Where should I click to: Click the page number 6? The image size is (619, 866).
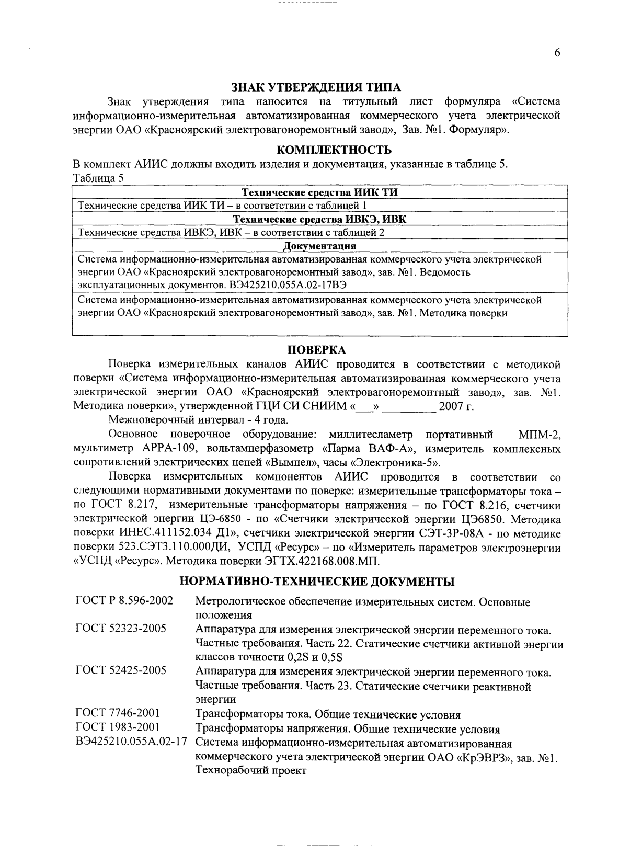(557, 53)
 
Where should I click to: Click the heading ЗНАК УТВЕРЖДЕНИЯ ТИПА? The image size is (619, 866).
(317, 87)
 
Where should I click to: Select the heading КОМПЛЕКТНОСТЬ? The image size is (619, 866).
(334, 151)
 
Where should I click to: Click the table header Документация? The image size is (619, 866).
(319, 246)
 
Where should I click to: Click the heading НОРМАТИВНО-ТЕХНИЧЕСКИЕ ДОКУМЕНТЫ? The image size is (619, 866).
(317, 581)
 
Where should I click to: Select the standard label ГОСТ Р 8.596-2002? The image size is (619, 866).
(124, 601)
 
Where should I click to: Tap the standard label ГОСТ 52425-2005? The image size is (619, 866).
(121, 670)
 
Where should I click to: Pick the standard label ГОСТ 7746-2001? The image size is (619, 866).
(118, 713)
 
